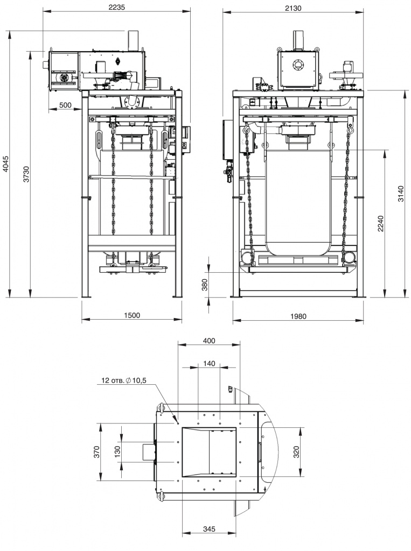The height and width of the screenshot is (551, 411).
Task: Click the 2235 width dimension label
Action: click(x=116, y=7)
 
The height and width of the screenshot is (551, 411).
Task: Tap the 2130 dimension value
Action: click(x=293, y=8)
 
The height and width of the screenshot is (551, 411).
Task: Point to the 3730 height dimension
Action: click(x=26, y=174)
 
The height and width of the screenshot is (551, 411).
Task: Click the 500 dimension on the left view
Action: click(x=65, y=105)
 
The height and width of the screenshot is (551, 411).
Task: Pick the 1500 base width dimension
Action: click(x=132, y=315)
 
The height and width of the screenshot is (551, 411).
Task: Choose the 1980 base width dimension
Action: click(x=298, y=316)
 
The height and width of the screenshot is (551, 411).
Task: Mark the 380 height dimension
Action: click(x=205, y=285)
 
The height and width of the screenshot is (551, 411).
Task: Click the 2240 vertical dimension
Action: click(x=381, y=223)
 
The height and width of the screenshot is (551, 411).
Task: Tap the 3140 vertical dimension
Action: click(x=401, y=193)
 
